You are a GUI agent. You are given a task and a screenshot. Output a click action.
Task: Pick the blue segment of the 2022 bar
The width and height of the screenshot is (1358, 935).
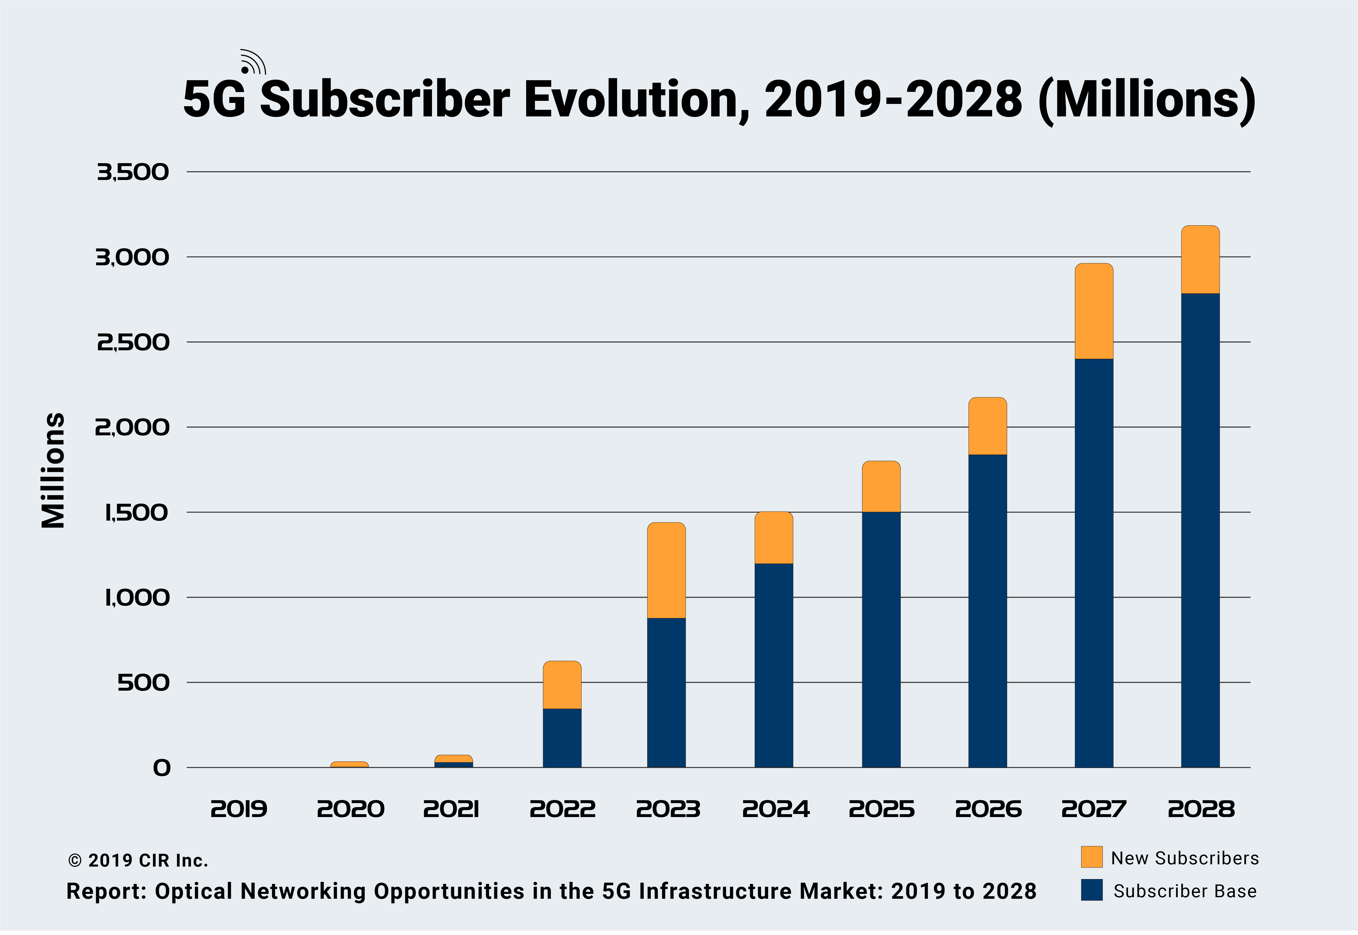tap(562, 738)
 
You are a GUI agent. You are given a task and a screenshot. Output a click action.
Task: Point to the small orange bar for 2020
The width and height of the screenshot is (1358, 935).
tap(349, 764)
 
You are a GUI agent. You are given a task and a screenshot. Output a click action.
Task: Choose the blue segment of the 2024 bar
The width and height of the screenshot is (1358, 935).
tap(773, 666)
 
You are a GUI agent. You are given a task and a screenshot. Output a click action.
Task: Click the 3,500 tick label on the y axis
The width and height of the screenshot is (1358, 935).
tap(133, 172)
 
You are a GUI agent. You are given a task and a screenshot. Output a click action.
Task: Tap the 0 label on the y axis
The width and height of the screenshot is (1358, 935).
tap(162, 768)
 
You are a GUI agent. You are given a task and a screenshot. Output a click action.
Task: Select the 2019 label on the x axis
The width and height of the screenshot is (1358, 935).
tap(238, 810)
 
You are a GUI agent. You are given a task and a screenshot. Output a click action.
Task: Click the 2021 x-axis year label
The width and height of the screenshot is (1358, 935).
tap(451, 810)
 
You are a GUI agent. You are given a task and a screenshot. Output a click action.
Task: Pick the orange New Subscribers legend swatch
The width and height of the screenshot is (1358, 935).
tap(1091, 857)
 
